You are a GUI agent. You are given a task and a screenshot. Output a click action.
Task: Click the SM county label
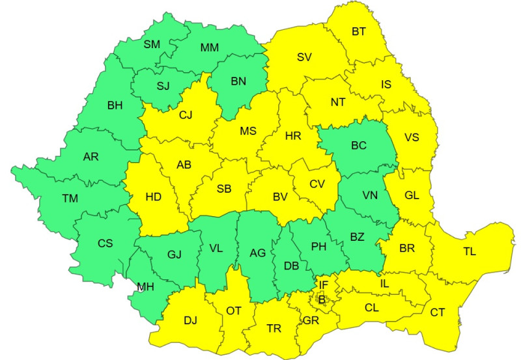(x=152, y=45)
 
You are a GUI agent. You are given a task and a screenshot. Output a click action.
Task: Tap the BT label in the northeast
(x=359, y=31)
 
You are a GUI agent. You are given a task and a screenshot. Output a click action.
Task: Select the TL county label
(x=470, y=251)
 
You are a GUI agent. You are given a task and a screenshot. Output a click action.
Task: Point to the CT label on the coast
(x=438, y=313)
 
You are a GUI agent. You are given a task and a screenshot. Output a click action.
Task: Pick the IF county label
(x=323, y=284)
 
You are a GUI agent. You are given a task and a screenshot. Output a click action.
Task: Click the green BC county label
(x=359, y=145)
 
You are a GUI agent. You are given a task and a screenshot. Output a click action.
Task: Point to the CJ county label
(x=186, y=116)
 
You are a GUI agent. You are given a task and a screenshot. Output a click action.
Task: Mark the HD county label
(x=153, y=195)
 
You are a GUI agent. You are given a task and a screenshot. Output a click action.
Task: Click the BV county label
(x=280, y=196)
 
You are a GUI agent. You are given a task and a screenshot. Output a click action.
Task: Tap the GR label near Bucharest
(x=311, y=321)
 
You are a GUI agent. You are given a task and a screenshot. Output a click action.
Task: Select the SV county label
(x=303, y=57)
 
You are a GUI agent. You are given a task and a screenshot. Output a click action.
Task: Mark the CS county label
(x=105, y=243)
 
